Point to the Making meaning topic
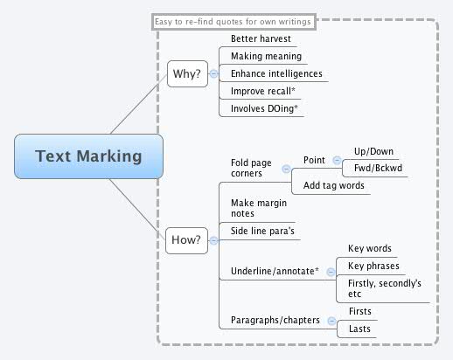click(266, 57)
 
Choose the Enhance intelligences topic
click(276, 74)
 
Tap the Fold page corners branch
click(251, 167)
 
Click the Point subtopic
click(314, 160)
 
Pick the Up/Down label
click(373, 151)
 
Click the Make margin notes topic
click(254, 208)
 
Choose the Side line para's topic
click(261, 232)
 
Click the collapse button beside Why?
click(214, 74)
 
